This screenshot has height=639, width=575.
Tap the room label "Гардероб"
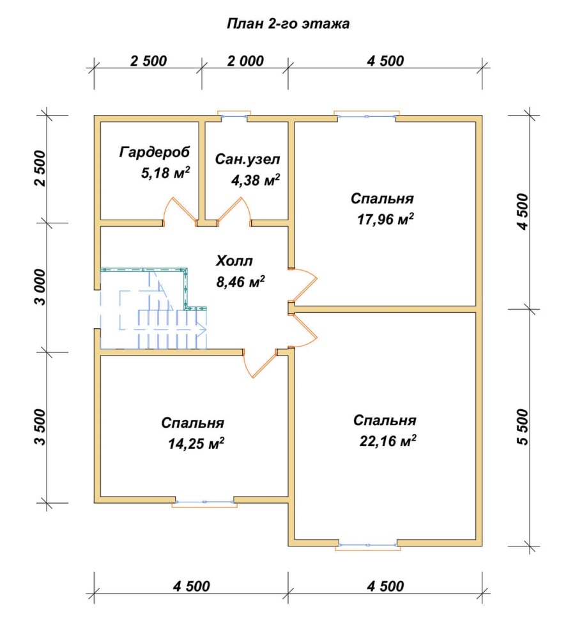pos(155,153)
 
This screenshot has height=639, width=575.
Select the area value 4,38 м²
pos(256,181)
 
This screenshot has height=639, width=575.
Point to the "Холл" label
pos(234,261)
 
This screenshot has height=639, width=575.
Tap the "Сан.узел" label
pos(247,159)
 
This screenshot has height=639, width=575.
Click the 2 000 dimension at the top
pos(245,61)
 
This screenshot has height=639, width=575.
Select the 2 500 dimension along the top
pos(148,61)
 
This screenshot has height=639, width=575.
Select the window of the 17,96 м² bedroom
pos(367,116)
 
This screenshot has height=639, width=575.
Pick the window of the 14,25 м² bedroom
pos(204,503)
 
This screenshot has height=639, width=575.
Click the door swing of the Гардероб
pos(180,209)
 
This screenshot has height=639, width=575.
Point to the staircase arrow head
pos(203,329)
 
